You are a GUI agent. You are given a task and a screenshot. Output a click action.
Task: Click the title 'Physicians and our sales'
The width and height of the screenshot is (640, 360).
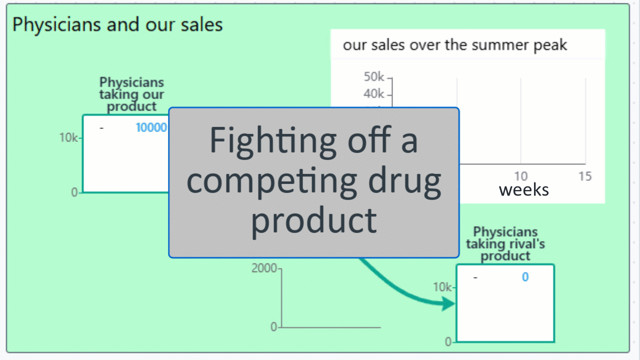click(117, 25)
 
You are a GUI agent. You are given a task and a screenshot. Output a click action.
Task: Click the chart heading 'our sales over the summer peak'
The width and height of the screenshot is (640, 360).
click(455, 45)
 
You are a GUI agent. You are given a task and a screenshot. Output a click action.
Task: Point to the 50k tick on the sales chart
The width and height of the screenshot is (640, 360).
click(373, 77)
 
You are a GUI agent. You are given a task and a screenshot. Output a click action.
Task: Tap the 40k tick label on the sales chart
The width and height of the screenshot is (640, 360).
click(373, 93)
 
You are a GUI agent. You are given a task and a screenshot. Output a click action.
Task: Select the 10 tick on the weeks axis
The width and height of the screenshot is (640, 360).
click(521, 176)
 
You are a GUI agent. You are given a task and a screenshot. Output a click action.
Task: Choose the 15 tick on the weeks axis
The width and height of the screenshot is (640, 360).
click(585, 176)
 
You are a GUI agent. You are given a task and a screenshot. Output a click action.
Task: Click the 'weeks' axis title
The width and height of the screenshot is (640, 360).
click(523, 190)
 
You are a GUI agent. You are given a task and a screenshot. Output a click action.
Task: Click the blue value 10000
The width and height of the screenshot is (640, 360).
click(151, 127)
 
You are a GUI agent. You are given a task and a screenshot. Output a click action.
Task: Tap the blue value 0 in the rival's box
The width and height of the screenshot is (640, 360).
click(525, 277)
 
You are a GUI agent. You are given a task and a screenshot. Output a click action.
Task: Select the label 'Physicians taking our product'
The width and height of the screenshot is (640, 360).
click(131, 94)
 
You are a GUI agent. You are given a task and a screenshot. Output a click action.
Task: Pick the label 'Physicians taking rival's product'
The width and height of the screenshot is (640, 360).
click(505, 243)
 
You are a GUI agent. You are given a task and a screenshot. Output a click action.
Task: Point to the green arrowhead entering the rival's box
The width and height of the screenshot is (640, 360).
click(448, 303)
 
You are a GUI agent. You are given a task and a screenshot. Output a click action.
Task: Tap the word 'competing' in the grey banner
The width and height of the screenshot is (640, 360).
click(271, 182)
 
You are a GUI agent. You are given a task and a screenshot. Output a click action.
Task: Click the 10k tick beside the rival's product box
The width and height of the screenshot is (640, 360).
click(442, 287)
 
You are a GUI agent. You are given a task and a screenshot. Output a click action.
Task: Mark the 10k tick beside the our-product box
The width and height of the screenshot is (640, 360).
click(68, 137)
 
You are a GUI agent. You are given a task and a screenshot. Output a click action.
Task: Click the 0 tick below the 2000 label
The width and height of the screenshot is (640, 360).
click(273, 327)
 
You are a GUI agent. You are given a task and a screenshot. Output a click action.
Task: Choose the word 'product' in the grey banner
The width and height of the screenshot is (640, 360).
click(314, 221)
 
